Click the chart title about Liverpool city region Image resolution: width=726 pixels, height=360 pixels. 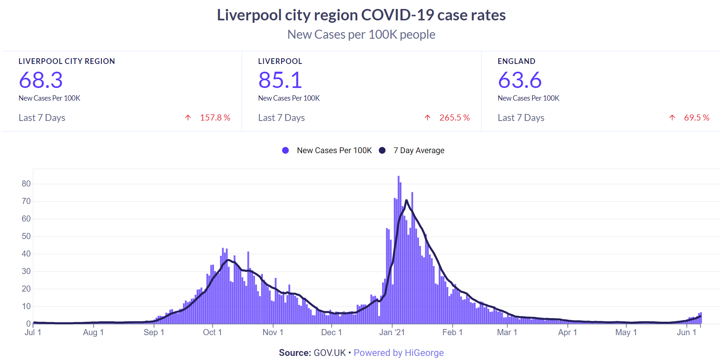361,15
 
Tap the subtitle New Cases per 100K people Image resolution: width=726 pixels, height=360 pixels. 361,35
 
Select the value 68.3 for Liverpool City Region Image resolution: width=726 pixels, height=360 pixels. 41,80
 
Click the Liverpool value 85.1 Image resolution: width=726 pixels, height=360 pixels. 280,80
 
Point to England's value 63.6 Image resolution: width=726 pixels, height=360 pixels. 520,80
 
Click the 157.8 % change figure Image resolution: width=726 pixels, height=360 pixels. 215,118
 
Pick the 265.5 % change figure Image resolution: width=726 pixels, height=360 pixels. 454,118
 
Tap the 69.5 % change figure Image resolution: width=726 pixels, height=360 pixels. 697,118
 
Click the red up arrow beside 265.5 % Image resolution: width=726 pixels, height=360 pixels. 427,118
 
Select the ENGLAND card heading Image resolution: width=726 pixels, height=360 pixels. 517,61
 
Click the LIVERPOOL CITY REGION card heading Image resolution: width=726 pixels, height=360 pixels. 67,61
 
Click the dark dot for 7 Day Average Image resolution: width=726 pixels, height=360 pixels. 382,150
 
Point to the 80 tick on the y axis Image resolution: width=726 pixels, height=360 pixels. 26,184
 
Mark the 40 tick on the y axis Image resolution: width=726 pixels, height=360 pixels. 26,254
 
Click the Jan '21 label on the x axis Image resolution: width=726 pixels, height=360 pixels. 392,332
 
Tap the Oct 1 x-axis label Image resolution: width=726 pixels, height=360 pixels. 212,332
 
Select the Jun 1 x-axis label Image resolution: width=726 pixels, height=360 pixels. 686,332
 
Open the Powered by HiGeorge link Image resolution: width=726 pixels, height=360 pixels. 399,353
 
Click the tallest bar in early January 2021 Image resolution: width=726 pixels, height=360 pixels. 398,250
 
